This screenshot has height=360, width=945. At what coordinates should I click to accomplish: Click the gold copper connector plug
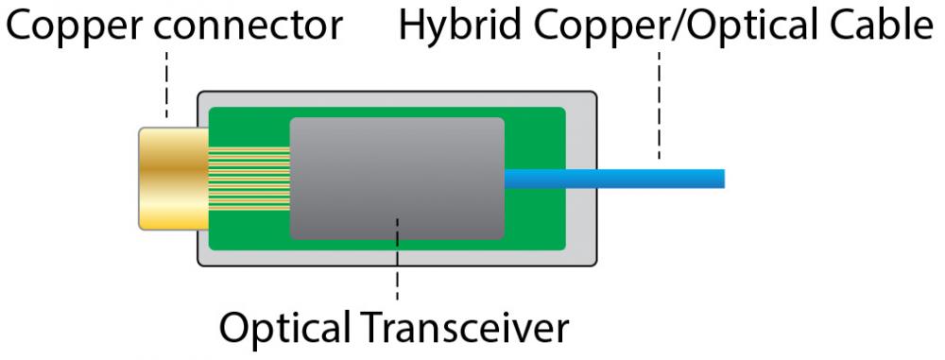coord(170,178)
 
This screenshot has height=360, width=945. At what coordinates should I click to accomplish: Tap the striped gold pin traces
coord(247,178)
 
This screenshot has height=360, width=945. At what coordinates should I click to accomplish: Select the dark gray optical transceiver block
coord(397,178)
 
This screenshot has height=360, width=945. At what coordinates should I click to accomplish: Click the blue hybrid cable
coord(614,178)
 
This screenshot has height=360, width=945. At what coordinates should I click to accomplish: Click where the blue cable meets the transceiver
coord(507,178)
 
